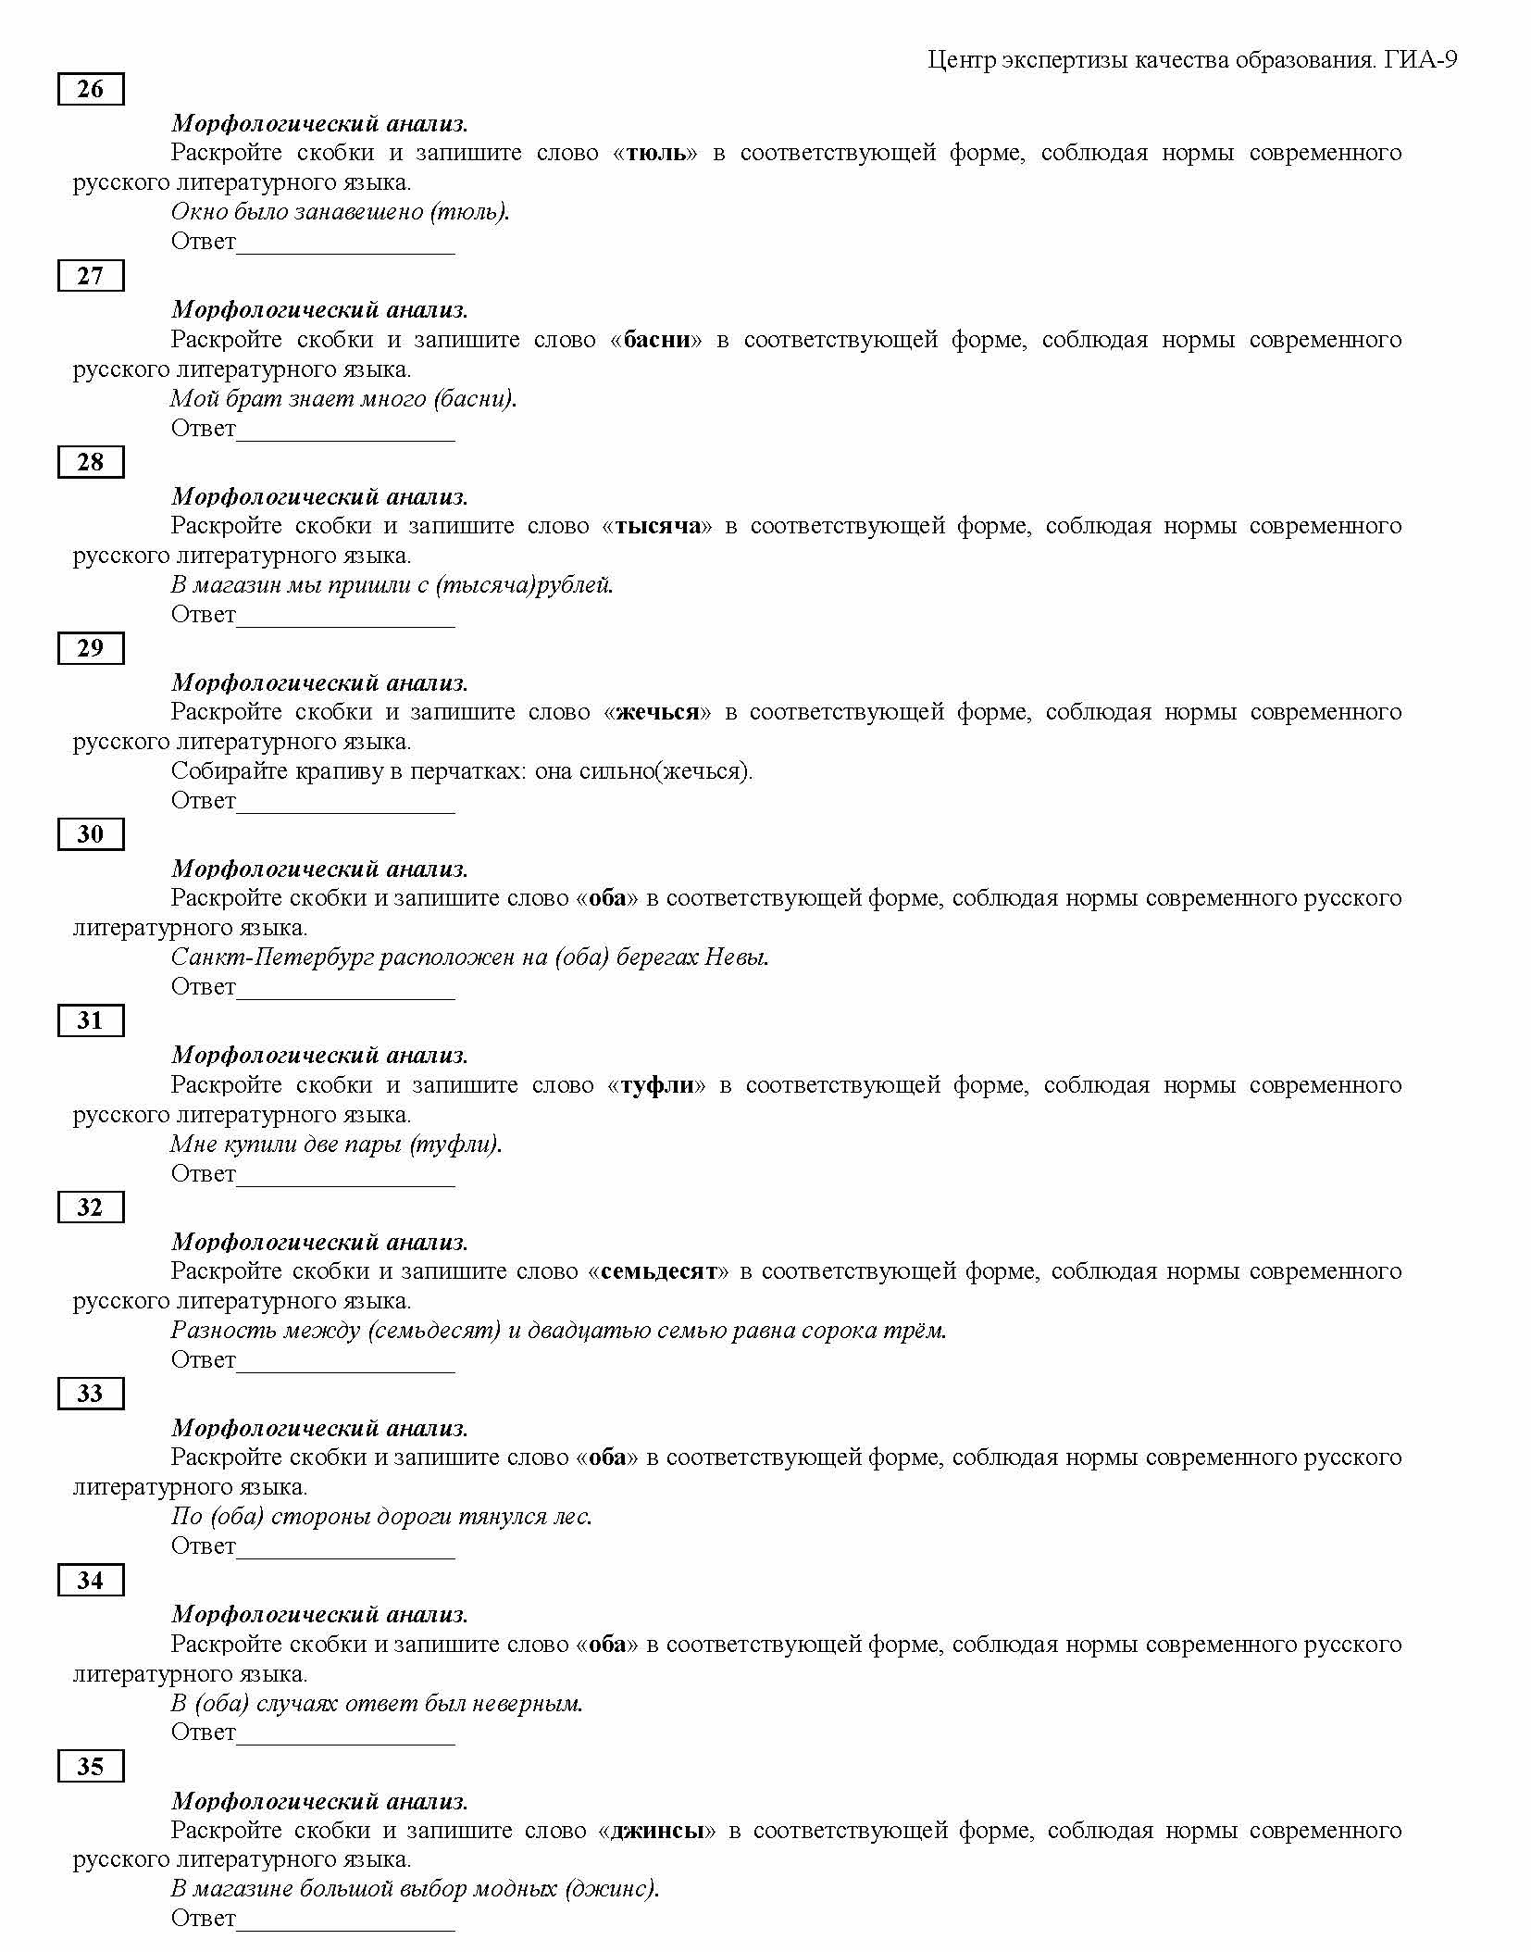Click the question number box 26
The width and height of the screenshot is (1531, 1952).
[90, 89]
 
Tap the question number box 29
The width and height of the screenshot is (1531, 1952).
[90, 648]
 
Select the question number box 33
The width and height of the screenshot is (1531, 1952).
[90, 1393]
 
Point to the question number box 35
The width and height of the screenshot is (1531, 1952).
[90, 1766]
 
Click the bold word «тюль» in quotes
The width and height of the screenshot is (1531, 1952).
[656, 153]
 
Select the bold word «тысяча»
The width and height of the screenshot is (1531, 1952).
[657, 526]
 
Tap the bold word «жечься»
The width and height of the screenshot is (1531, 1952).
[657, 712]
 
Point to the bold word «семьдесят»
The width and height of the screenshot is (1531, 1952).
[658, 1271]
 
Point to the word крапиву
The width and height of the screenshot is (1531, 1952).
[339, 771]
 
